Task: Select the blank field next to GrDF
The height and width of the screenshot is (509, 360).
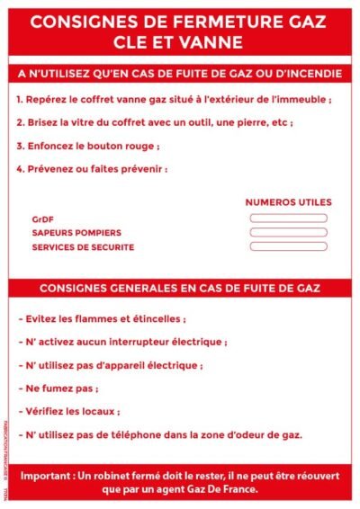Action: point(288,218)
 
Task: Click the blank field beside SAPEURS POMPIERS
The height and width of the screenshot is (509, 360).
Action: point(288,232)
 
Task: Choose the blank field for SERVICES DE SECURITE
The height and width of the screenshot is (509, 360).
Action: point(288,246)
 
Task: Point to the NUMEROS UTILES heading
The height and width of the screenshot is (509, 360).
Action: point(288,202)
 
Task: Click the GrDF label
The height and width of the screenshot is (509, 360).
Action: point(42,218)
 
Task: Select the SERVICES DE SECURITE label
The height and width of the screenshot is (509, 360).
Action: point(83,246)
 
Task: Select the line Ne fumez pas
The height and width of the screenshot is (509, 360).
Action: point(58,388)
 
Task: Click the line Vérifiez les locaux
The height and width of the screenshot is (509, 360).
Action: point(69,412)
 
